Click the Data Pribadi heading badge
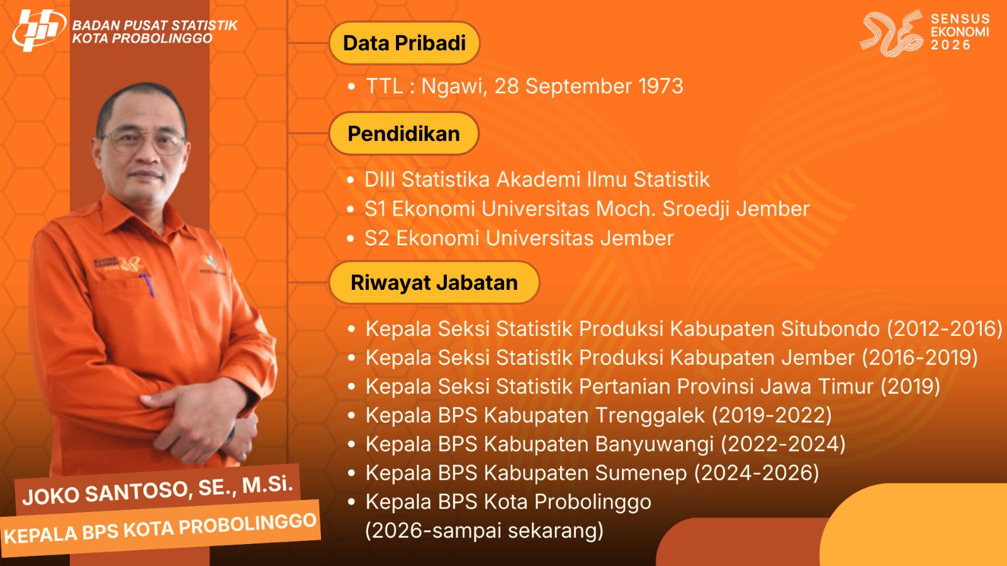point(404,43)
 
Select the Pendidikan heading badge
point(403,134)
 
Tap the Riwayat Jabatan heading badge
point(434,282)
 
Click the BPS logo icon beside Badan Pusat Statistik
point(39,30)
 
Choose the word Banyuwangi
point(655,445)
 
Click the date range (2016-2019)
point(920,358)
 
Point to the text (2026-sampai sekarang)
point(484,531)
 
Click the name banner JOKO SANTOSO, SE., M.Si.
point(157,491)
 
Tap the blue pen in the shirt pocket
point(148,286)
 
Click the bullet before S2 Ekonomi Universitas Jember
point(351,238)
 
